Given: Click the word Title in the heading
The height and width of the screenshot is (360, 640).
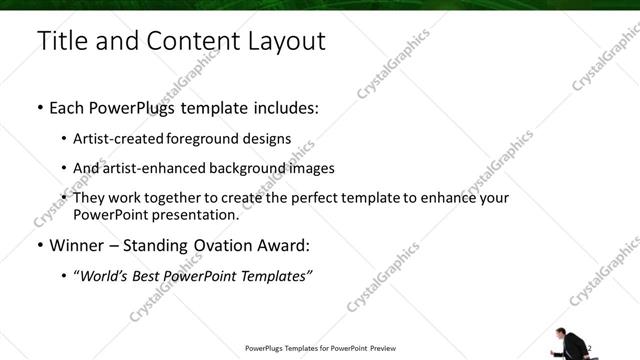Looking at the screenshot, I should [60, 41].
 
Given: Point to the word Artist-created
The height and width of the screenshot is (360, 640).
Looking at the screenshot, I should [118, 138].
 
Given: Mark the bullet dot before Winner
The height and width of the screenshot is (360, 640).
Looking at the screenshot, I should [40, 245].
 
